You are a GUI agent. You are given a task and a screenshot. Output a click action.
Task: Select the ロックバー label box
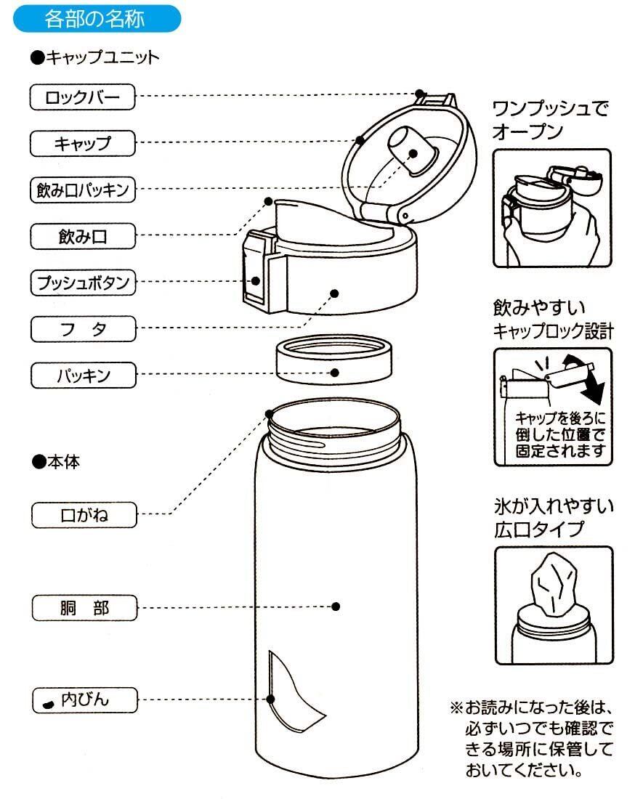tap(83, 97)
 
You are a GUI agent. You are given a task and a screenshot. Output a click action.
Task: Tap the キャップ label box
tap(83, 142)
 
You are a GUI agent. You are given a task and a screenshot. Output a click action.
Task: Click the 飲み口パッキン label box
tap(83, 190)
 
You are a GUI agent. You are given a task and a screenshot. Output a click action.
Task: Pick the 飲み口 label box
tap(83, 235)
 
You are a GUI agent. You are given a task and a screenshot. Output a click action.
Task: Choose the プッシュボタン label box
tap(83, 282)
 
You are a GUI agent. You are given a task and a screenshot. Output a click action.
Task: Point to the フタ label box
tap(83, 329)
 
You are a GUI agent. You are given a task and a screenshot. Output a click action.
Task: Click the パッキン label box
tap(83, 376)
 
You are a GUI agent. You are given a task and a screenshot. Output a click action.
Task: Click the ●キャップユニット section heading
tap(95, 58)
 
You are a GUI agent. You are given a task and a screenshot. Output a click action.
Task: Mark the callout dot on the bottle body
tap(336, 607)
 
